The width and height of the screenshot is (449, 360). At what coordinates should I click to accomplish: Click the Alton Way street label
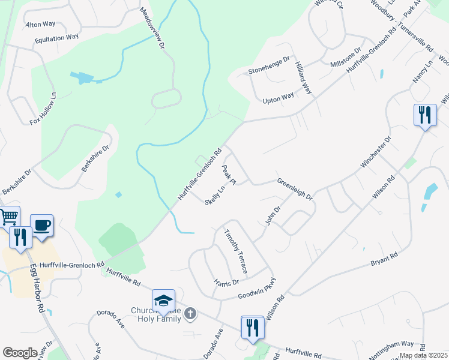tap(41, 25)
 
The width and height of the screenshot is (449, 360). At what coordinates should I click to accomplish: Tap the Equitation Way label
tap(56, 37)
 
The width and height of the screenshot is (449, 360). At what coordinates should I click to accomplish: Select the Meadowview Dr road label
tap(152, 28)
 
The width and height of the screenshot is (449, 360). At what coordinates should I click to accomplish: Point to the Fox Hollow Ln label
tap(43, 108)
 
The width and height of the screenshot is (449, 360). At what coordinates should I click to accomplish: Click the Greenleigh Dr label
tap(294, 188)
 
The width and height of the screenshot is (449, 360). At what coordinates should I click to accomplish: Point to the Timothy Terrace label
tap(235, 251)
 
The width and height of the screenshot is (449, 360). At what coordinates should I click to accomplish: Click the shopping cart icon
tap(8, 217)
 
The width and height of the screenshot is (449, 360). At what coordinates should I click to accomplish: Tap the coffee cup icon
tap(42, 225)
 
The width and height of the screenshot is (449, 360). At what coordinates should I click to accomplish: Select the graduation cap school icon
tap(163, 301)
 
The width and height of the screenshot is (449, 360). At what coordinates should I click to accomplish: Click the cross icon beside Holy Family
tap(190, 313)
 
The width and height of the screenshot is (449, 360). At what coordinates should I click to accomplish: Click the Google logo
tap(20, 352)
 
